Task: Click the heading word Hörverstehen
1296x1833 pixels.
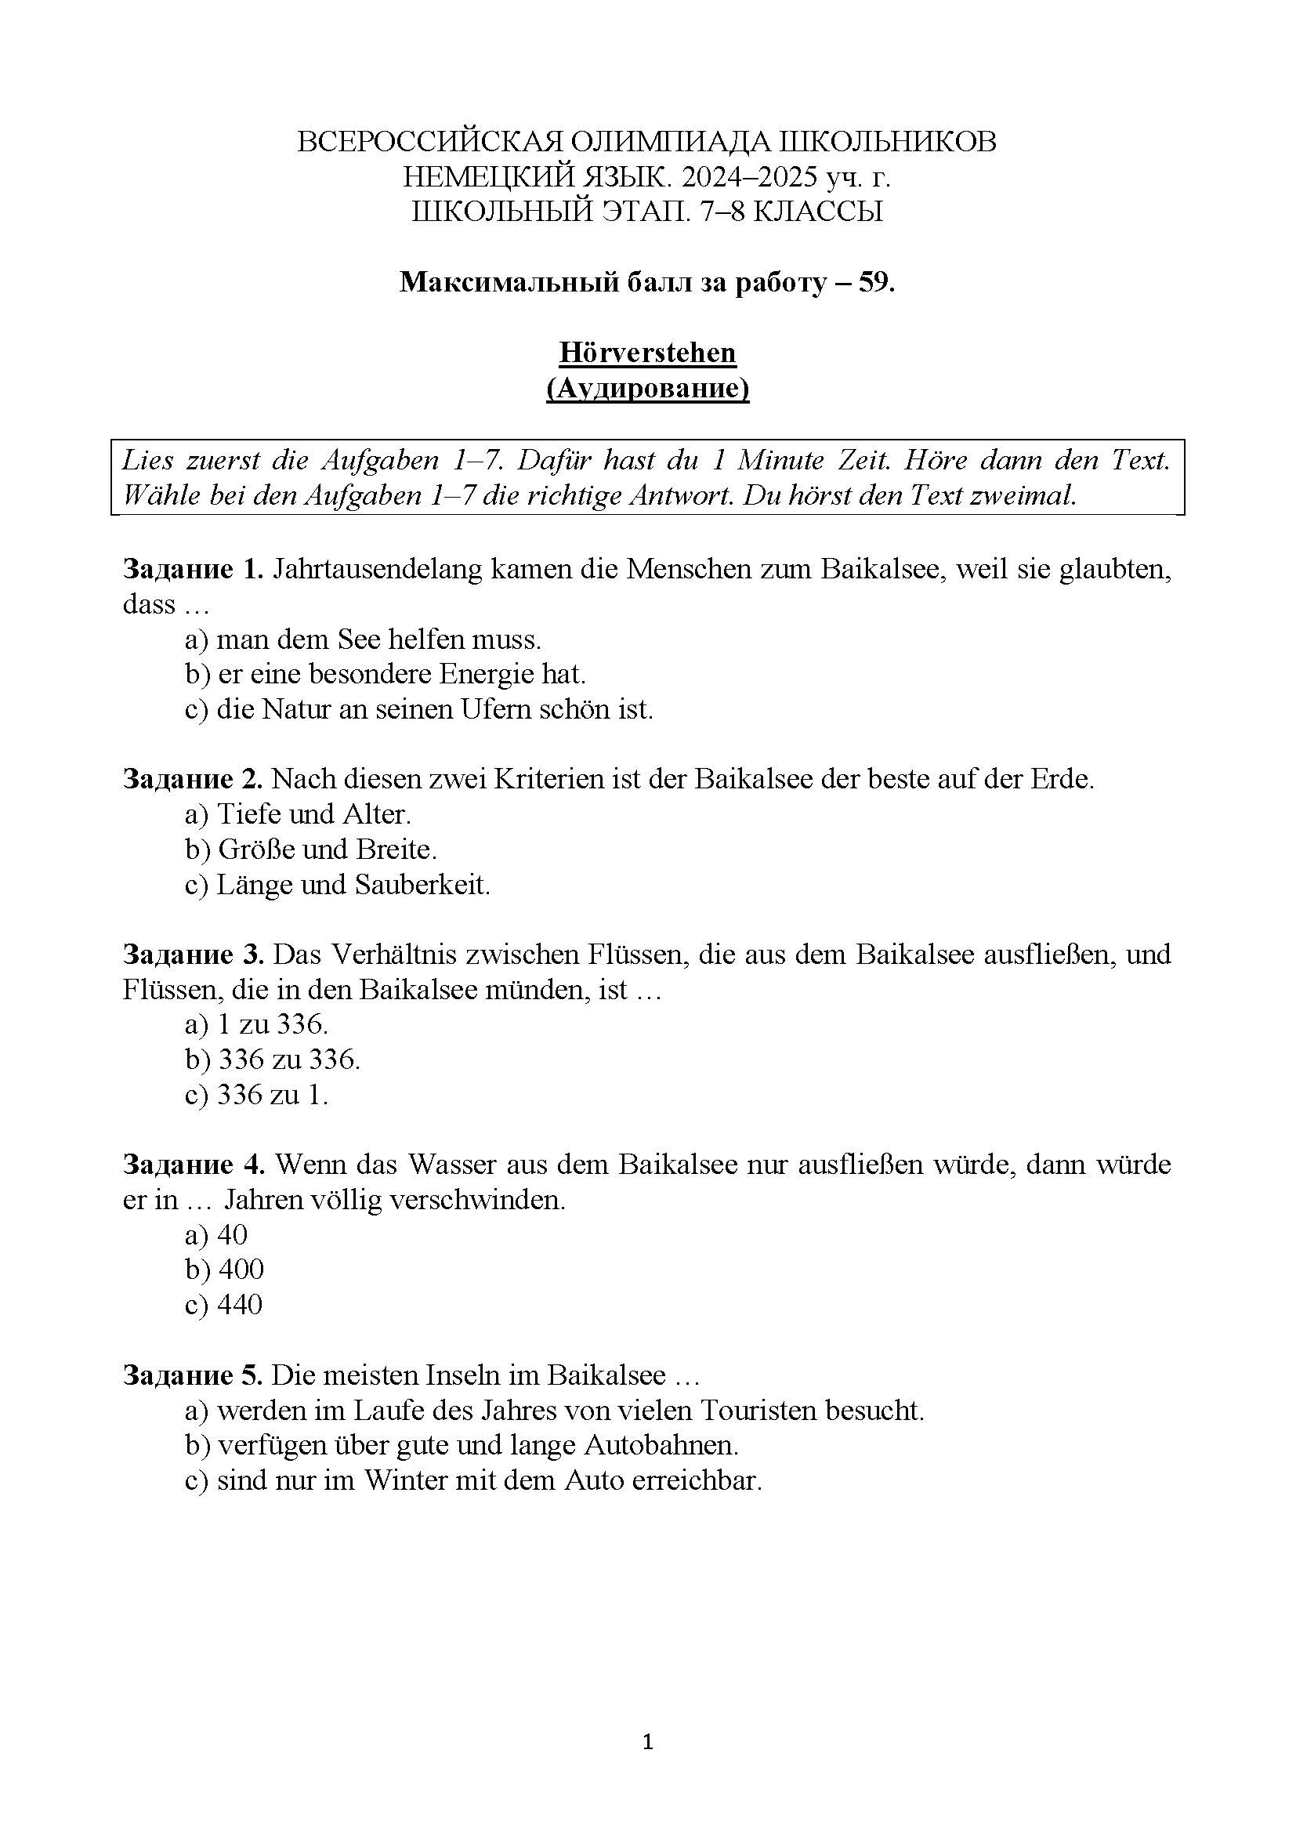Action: (x=647, y=353)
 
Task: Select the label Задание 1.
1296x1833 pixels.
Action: (x=192, y=569)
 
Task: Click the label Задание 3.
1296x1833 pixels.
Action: (x=192, y=954)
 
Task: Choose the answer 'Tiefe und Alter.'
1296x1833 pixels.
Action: (x=313, y=814)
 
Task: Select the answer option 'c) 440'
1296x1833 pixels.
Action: (x=223, y=1305)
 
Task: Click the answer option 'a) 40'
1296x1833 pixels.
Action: (x=216, y=1235)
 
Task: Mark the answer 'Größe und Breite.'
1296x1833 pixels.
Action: (x=328, y=849)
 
